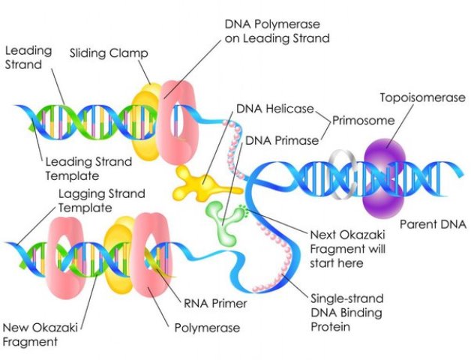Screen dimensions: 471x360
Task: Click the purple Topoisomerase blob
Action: [x=384, y=178]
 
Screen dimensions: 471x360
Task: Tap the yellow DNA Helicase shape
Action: [x=204, y=184]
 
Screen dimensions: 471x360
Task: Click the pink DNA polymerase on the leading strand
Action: [x=178, y=121]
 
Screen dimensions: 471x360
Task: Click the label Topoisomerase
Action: [x=423, y=97]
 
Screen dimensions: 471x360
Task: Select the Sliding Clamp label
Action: [x=109, y=53]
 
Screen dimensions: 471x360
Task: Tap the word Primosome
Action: [x=363, y=121]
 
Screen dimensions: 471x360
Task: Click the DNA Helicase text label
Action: [x=275, y=109]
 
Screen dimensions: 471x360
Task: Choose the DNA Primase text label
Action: [x=282, y=140]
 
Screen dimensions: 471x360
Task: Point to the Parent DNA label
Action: [x=433, y=224]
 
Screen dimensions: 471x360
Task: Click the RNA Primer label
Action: [x=215, y=303]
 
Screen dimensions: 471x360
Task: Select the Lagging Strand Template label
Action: [x=101, y=200]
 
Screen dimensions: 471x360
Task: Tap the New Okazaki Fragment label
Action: [x=40, y=334]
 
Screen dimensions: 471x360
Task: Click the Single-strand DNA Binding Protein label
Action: [x=346, y=313]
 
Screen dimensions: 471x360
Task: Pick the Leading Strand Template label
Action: [x=88, y=169]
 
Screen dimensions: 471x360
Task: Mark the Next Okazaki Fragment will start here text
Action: [x=347, y=249]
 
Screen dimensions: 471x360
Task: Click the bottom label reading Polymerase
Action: [x=207, y=328]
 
